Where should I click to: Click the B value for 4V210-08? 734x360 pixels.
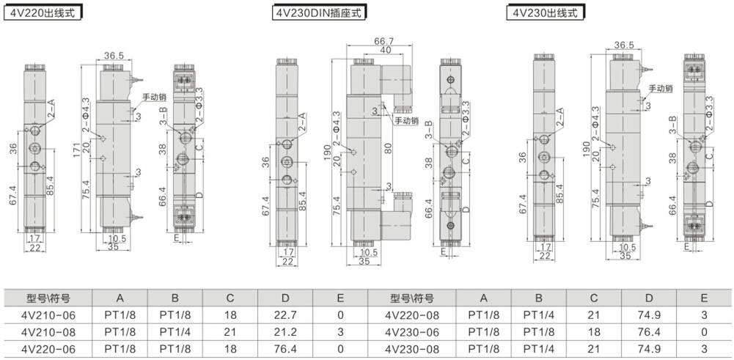click(175, 331)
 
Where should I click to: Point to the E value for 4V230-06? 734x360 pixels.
click(703, 331)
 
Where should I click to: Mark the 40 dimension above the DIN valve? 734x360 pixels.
click(384, 50)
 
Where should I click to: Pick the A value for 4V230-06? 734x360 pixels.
click(483, 331)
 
